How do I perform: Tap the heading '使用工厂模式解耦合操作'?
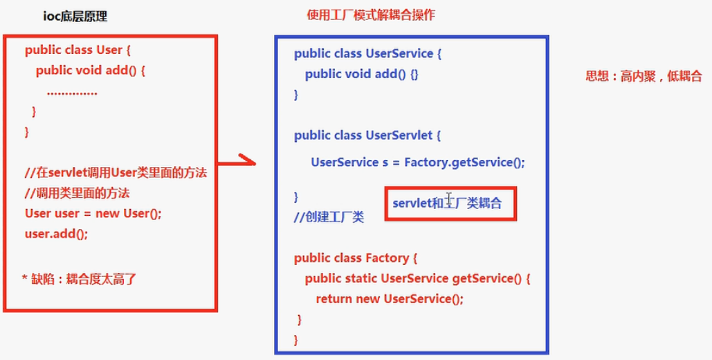pyautogui.click(x=371, y=15)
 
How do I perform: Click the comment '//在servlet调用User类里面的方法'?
pyautogui.click(x=116, y=172)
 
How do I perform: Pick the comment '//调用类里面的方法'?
pyautogui.click(x=77, y=192)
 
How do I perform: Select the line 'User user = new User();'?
pyautogui.click(x=93, y=213)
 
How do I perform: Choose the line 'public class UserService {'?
pyautogui.click(x=363, y=53)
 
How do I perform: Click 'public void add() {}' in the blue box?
pyautogui.click(x=361, y=74)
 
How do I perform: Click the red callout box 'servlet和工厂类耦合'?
pyautogui.click(x=450, y=204)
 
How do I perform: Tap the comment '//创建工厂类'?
pyautogui.click(x=329, y=217)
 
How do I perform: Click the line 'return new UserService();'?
pyautogui.click(x=389, y=299)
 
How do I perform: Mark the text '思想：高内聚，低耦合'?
pyautogui.click(x=643, y=76)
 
